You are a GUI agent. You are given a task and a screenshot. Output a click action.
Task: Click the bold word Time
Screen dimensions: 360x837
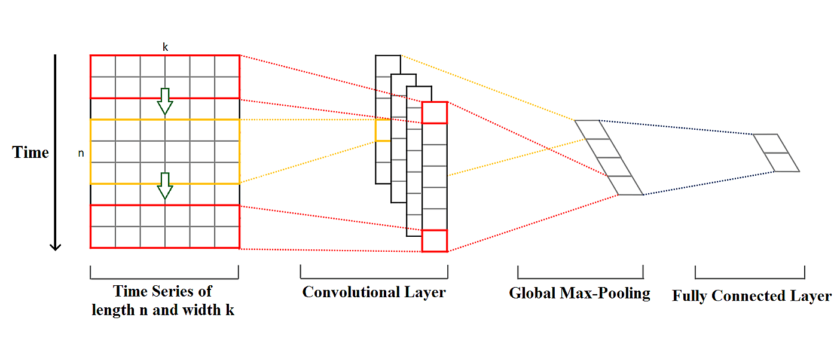coord(30,152)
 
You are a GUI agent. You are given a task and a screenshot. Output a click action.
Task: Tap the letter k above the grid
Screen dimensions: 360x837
coord(165,47)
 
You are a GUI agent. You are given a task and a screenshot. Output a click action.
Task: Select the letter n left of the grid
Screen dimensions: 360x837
coord(81,154)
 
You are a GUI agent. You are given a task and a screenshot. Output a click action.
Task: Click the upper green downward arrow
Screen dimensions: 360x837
coord(164,102)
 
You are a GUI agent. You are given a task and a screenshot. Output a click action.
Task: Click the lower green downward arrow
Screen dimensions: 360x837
coord(164,187)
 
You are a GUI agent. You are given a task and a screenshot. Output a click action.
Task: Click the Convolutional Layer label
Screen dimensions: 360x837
coord(374,292)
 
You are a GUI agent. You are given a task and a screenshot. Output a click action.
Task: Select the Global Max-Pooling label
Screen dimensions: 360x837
coord(579,293)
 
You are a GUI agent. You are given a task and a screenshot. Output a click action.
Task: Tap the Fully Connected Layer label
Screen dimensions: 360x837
coord(752,296)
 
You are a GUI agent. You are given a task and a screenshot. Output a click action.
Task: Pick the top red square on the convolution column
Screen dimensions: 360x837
coord(434,112)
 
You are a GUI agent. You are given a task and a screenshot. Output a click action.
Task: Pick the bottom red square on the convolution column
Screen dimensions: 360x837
coord(434,240)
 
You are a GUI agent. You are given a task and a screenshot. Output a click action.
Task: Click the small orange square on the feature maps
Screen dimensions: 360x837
coord(383,130)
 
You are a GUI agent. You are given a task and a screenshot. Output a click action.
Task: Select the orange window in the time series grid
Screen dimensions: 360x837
coord(164,151)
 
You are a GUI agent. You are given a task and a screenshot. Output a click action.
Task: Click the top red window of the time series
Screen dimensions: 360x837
coord(164,76)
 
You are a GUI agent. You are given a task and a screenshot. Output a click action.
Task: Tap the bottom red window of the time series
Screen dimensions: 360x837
coord(164,226)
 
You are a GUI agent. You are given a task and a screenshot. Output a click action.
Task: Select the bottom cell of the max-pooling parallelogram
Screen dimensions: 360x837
coord(625,186)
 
